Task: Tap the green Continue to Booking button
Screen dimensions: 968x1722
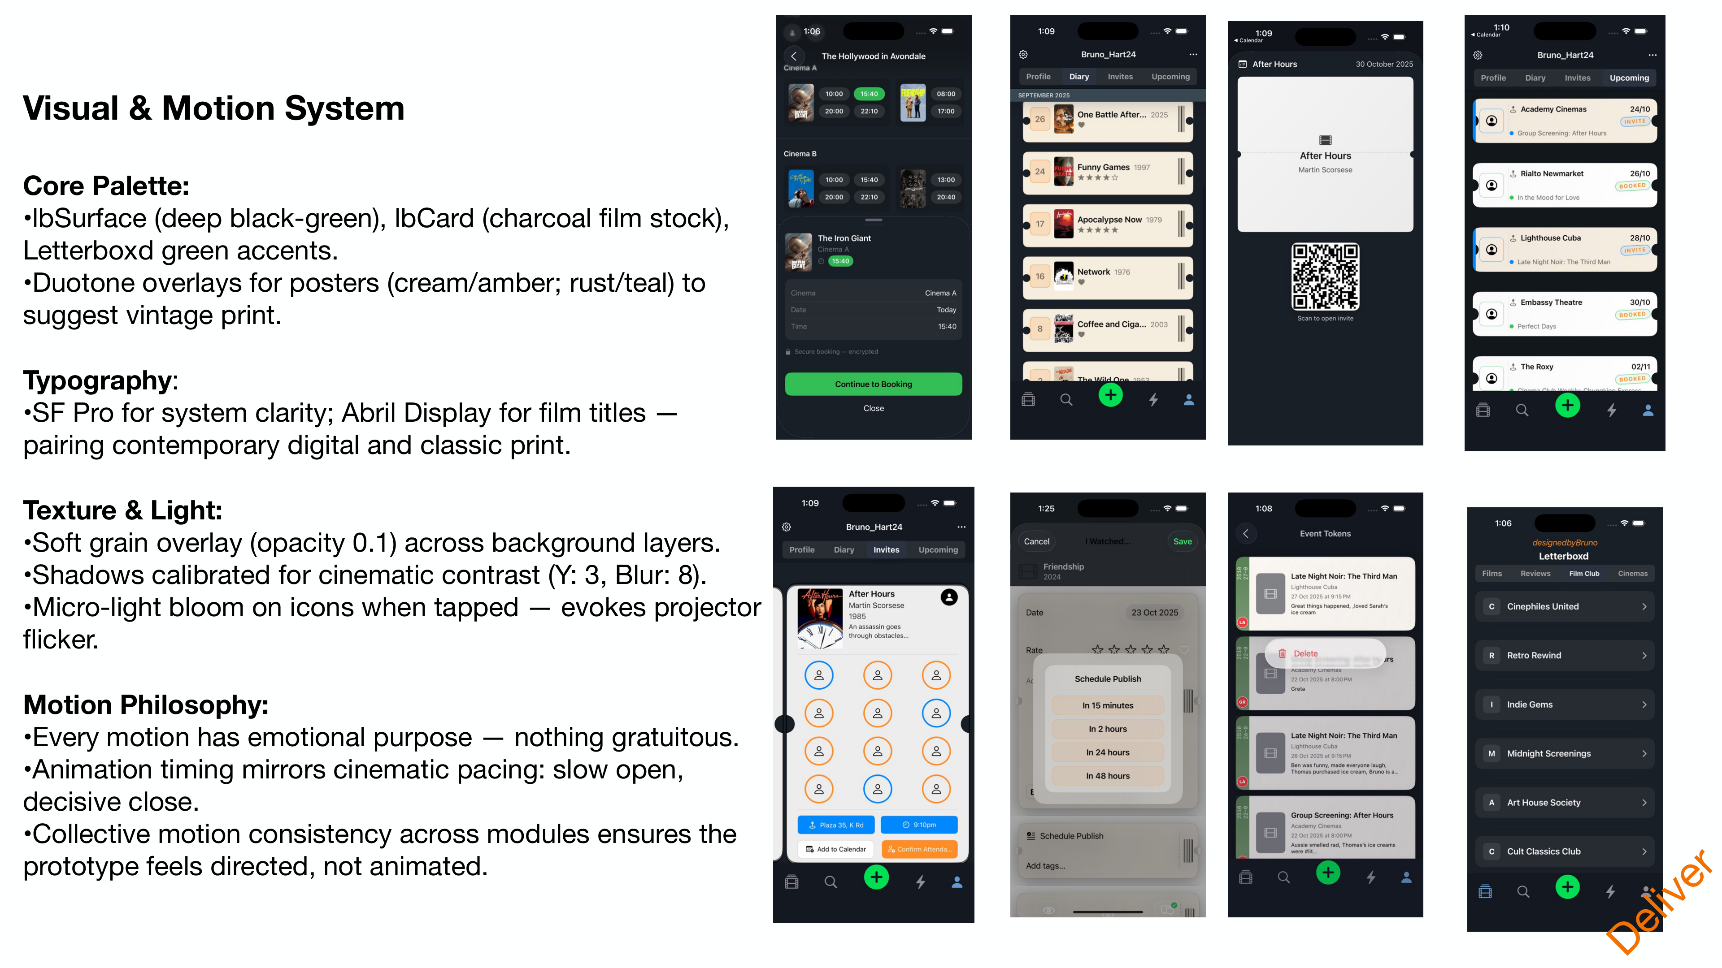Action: click(x=873, y=384)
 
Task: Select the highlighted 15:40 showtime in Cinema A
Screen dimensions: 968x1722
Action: click(x=869, y=94)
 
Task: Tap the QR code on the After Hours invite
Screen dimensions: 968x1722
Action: click(x=1325, y=277)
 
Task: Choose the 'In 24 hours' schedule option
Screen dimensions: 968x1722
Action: click(x=1108, y=752)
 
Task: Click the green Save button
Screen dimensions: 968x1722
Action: click(x=1182, y=541)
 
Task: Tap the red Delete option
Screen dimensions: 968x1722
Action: click(x=1305, y=653)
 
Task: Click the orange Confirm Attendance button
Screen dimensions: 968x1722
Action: click(x=919, y=849)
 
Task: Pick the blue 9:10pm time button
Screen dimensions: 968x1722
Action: click(x=919, y=825)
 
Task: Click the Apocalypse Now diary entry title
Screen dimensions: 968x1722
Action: click(x=1109, y=220)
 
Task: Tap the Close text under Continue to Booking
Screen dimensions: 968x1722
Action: click(x=873, y=408)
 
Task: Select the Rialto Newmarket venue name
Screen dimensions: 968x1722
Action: click(x=1552, y=174)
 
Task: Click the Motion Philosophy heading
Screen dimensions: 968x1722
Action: click(x=146, y=705)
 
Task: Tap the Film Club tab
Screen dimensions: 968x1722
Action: click(x=1583, y=573)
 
